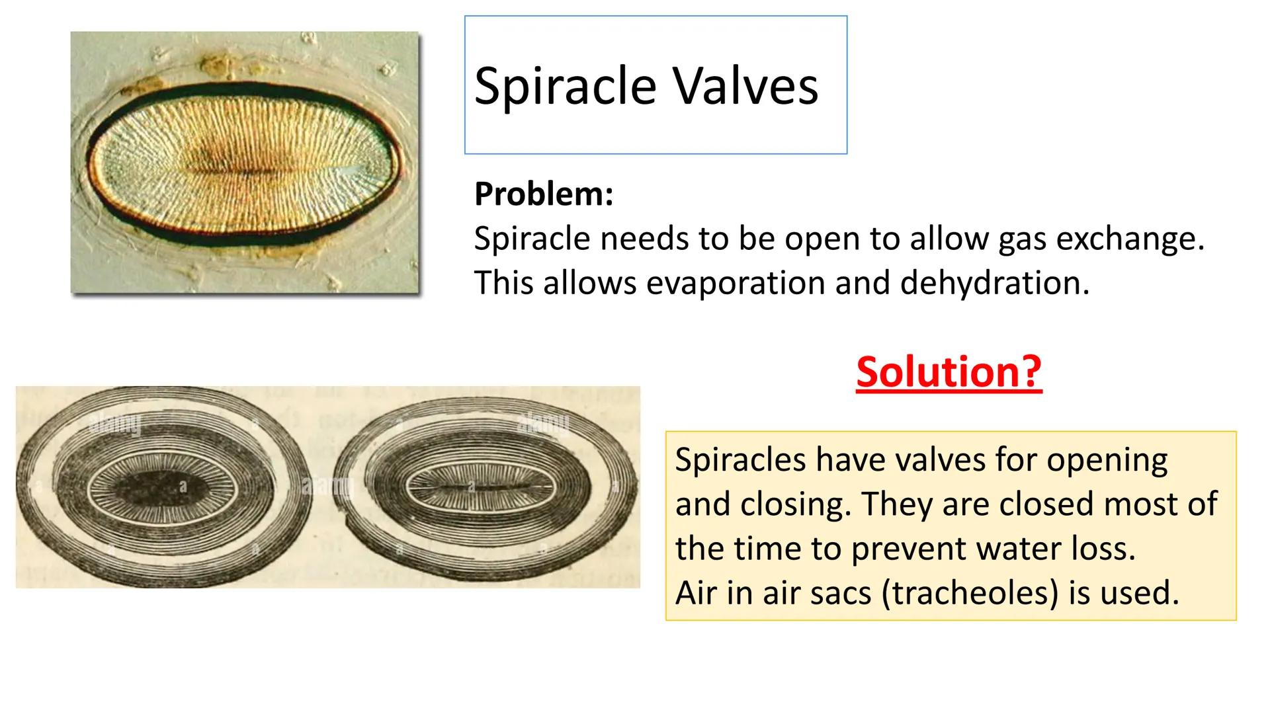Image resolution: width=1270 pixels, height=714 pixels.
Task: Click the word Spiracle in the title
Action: coord(566,86)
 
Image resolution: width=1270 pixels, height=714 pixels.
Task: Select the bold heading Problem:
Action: coord(544,194)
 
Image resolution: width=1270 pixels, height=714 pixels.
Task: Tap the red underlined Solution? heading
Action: coord(949,372)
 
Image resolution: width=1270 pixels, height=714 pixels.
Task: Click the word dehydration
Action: coord(994,283)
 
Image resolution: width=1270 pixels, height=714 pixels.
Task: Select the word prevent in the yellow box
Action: coord(910,549)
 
